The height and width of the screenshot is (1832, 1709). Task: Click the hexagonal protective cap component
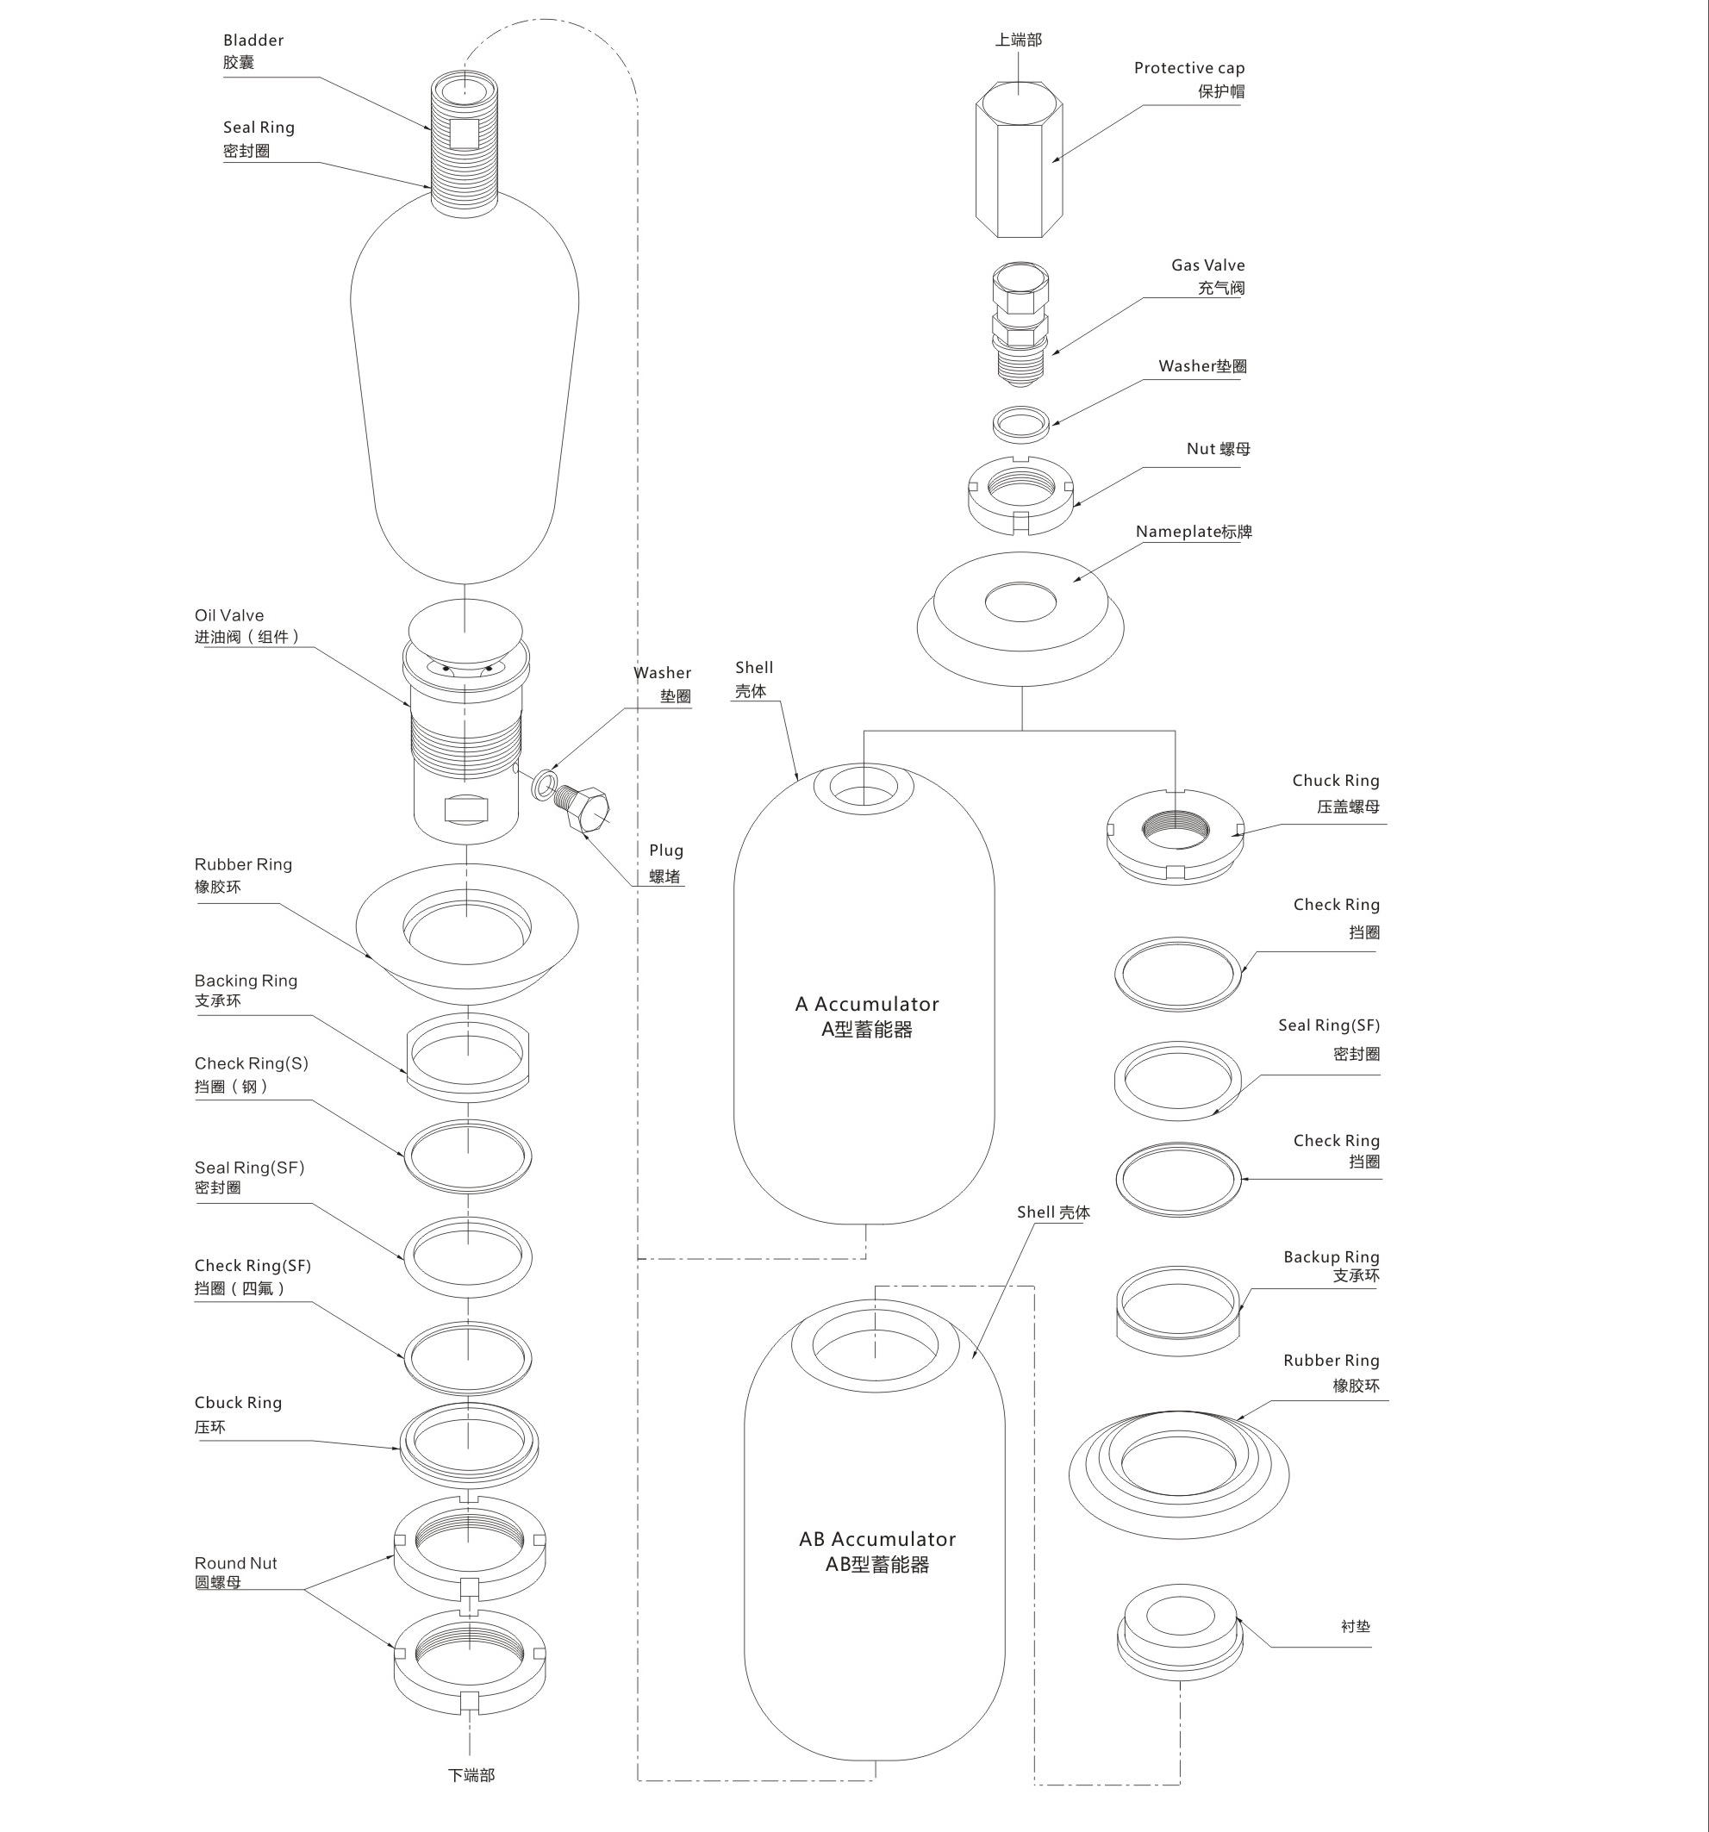(1019, 161)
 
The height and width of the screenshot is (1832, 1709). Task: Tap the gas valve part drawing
(1020, 322)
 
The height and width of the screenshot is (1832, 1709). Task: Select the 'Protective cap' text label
(1188, 68)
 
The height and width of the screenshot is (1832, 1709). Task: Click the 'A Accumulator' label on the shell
(866, 1005)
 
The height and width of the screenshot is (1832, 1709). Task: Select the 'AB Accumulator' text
(876, 1540)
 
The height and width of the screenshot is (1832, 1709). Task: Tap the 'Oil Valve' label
(228, 615)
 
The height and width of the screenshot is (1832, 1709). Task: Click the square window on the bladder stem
(464, 134)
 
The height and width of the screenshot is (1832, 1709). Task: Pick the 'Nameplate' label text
(1177, 532)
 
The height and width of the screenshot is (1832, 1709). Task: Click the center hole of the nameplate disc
(1020, 602)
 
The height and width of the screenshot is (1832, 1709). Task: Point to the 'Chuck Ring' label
(1335, 781)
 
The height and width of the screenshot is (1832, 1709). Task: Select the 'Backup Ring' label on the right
(1330, 1257)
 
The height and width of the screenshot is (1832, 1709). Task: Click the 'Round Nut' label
(235, 1563)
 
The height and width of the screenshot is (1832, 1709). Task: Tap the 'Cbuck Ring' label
(238, 1403)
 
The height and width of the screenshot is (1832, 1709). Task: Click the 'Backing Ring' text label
(246, 981)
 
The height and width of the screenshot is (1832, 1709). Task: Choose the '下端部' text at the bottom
(471, 1776)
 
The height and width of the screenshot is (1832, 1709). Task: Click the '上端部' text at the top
(1018, 40)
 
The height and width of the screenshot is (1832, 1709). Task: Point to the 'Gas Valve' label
(1207, 265)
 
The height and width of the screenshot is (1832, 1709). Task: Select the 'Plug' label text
(665, 851)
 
